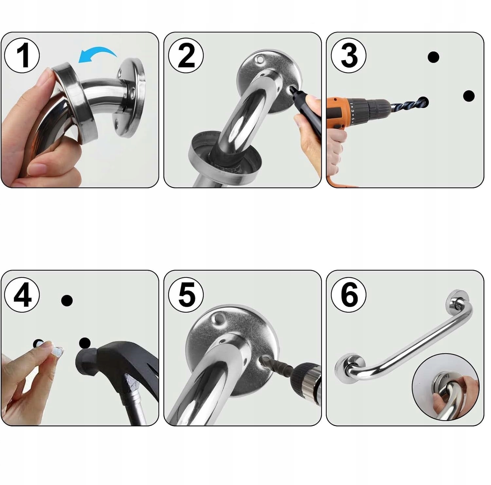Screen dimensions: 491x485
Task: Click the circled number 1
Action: coord(22,55)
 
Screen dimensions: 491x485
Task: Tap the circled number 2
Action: coord(186,55)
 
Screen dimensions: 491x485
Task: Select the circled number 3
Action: coord(349,55)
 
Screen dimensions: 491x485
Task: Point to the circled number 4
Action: coord(22,295)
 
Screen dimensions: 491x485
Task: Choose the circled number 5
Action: coord(186,295)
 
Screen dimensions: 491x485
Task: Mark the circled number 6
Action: coord(349,295)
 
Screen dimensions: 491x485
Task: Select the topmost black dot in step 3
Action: coord(433,57)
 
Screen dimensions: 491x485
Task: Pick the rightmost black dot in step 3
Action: coord(469,96)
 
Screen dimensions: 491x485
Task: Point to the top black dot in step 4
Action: coord(67,300)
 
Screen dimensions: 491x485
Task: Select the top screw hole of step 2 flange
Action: coord(261,60)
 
